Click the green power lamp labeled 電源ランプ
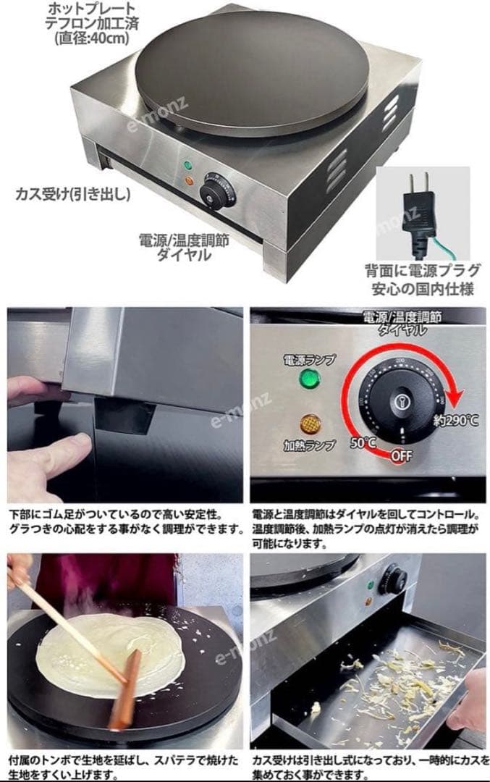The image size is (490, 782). point(310,379)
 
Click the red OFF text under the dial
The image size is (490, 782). point(401,455)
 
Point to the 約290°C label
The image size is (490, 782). point(455,421)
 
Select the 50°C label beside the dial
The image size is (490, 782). point(363,442)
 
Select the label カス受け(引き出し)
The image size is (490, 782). point(73,193)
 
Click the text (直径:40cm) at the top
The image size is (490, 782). point(92,38)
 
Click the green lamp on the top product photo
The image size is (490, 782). point(188,165)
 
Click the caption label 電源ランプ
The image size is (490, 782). point(310,359)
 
